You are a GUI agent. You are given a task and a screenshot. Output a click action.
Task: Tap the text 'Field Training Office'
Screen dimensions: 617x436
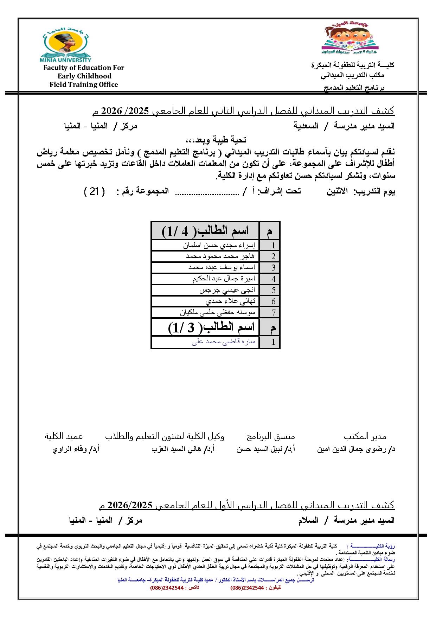point(84,84)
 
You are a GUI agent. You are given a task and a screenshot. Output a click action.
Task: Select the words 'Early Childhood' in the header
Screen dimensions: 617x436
point(84,76)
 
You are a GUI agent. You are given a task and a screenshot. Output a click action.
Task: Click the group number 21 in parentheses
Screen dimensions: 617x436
point(94,191)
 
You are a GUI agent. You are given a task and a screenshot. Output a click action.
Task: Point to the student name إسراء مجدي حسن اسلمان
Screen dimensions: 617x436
point(220,245)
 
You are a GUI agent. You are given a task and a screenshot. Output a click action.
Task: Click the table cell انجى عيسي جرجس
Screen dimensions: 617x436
point(227,290)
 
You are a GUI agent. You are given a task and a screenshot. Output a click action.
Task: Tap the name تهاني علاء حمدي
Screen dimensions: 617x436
point(230,301)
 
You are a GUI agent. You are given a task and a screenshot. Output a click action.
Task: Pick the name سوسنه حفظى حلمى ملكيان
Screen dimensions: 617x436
point(218,312)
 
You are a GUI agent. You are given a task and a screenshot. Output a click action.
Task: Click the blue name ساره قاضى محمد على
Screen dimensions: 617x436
point(223,342)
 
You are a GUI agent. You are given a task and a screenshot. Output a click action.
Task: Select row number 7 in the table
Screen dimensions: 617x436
point(273,312)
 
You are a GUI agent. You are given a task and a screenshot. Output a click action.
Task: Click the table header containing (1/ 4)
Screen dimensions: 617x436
point(205,231)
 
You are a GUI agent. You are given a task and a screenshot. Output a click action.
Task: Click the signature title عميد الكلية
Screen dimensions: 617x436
point(64,436)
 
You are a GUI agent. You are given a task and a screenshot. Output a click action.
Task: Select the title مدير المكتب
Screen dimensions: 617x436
point(365,437)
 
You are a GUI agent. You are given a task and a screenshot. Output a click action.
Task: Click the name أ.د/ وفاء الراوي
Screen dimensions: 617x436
point(76,449)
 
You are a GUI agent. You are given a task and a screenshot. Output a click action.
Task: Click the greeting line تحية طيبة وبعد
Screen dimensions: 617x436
point(216,140)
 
